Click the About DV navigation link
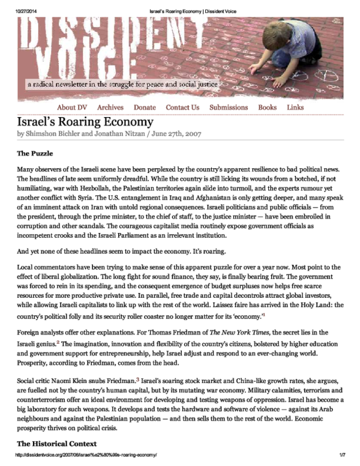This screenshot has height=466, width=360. tap(71, 107)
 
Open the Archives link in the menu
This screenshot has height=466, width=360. tap(110, 107)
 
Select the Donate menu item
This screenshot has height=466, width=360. tap(145, 107)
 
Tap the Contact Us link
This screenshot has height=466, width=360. tap(182, 107)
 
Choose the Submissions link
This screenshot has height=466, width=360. tap(229, 107)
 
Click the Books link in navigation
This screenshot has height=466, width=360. tap(267, 107)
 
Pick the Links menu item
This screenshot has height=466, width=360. tap(295, 107)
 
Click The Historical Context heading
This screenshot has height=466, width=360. tap(56, 444)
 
